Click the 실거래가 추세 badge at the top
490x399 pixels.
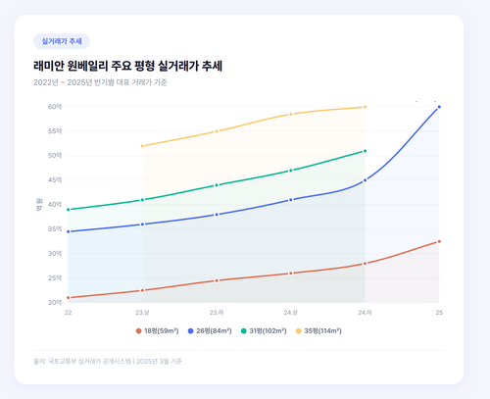point(62,42)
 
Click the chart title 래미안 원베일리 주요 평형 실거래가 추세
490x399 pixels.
point(127,66)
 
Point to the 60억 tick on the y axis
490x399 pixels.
point(54,107)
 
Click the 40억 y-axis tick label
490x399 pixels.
point(54,205)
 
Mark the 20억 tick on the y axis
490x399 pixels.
point(54,302)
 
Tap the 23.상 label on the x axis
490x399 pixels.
point(142,313)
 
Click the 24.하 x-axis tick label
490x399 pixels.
point(365,313)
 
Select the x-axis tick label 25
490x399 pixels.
point(439,313)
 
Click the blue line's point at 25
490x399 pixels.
point(439,107)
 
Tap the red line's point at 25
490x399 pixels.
point(439,241)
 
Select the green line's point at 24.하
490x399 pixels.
point(365,151)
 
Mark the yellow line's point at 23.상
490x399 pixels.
point(142,146)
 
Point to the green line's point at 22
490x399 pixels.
point(69,210)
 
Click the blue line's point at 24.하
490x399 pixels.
point(365,180)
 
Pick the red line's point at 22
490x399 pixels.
point(69,297)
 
